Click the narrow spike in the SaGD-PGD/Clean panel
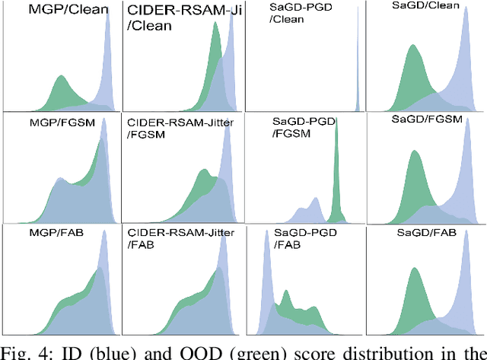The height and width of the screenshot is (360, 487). coord(357,68)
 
